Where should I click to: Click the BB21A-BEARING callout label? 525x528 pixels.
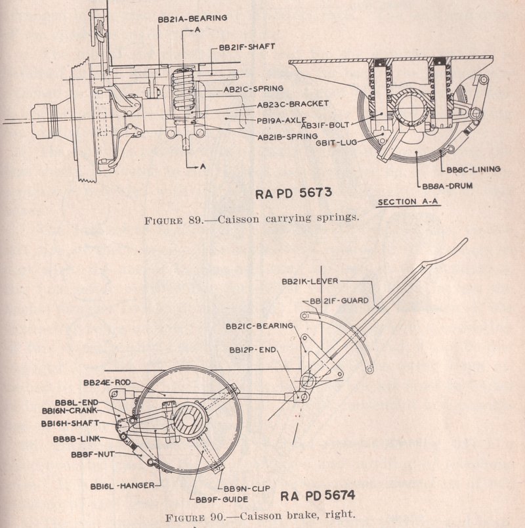click(192, 18)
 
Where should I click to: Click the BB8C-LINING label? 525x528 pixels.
click(473, 169)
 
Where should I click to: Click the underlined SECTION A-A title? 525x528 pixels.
click(408, 202)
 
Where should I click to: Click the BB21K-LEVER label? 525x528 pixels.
click(310, 281)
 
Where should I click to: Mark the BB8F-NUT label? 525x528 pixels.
click(93, 452)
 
